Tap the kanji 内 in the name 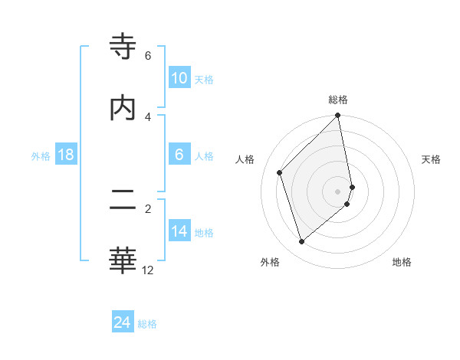click(123, 108)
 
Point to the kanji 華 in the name click(123, 261)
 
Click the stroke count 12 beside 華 click(148, 270)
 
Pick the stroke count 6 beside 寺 click(148, 56)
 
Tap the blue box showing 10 click(179, 78)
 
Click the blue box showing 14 click(179, 232)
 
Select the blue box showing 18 click(66, 155)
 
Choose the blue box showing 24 click(123, 322)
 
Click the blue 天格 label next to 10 click(204, 79)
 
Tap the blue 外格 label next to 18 click(41, 155)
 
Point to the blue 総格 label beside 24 click(147, 324)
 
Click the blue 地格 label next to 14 click(204, 233)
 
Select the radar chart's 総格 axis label click(338, 100)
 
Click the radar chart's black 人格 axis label click(246, 159)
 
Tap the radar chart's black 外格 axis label click(270, 262)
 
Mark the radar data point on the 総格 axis click(338, 116)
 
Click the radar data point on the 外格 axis click(302, 242)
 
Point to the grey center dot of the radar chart click(338, 191)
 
